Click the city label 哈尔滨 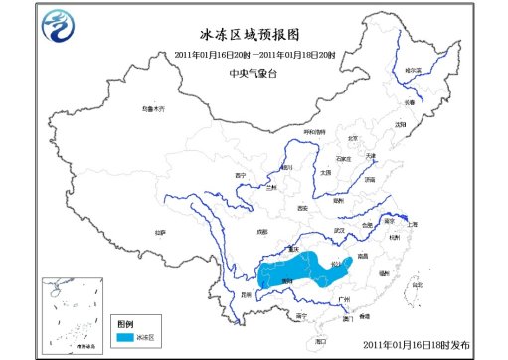413,71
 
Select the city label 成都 260,233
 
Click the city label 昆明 247,293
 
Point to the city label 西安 302,208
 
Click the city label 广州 344,298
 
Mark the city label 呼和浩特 314,132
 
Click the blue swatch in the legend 127,338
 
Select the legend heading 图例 124,324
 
